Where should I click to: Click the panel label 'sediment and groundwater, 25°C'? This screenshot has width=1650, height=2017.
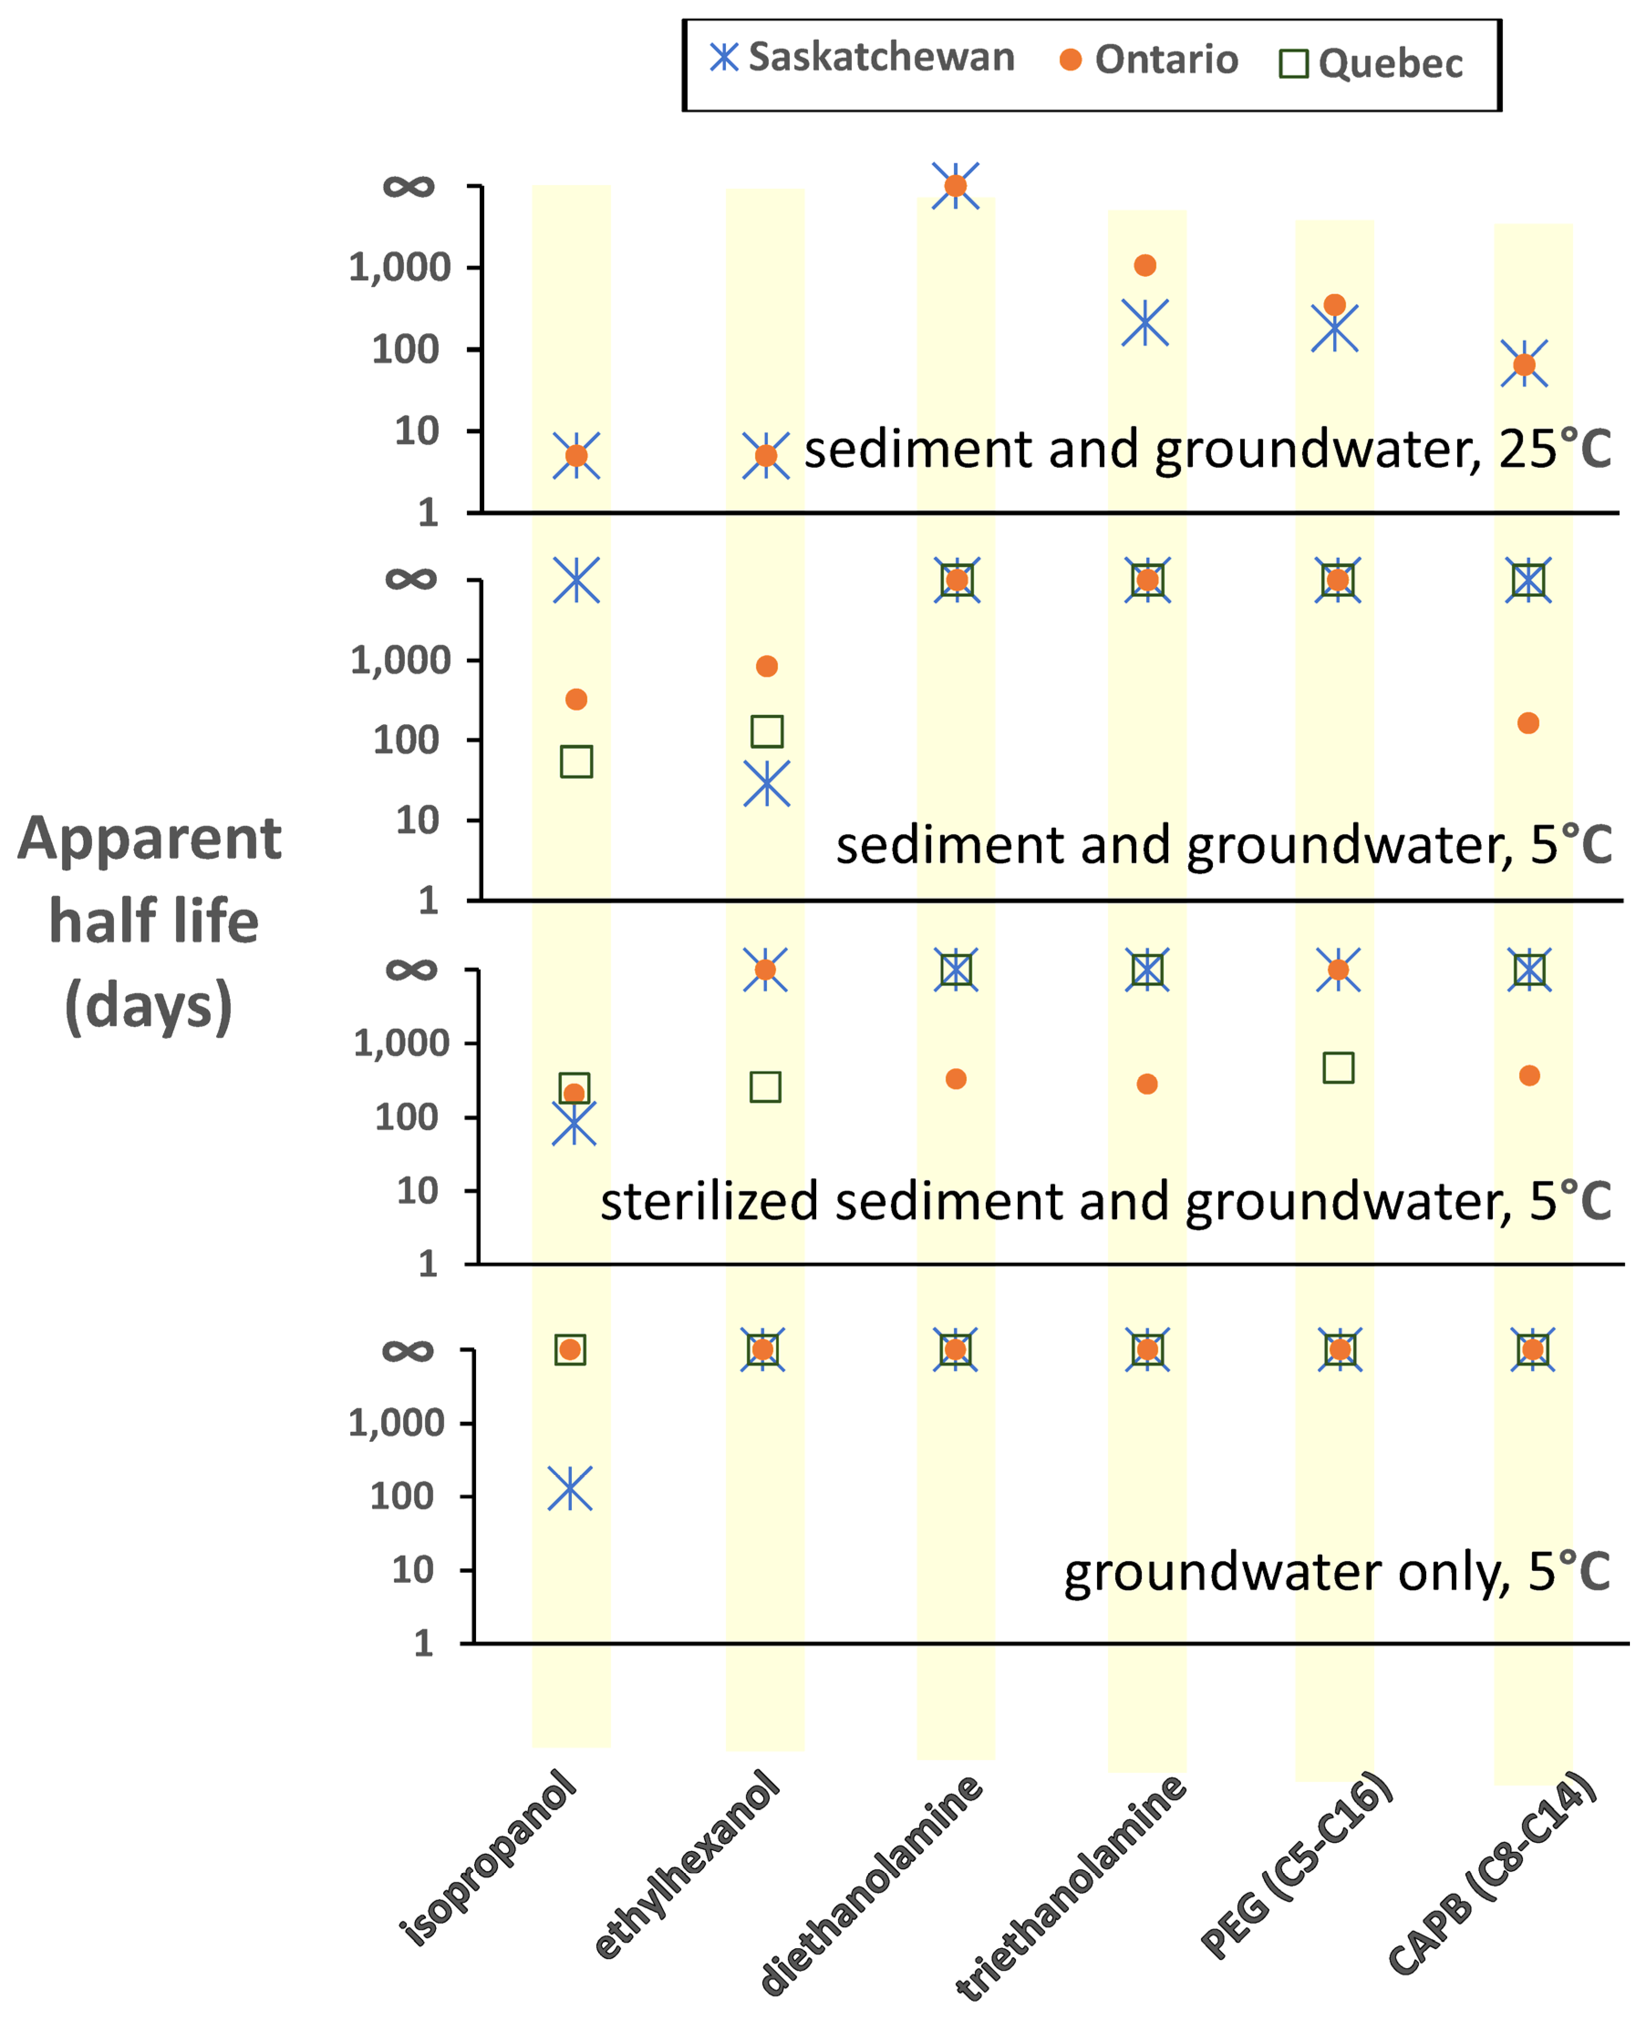(1207, 449)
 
